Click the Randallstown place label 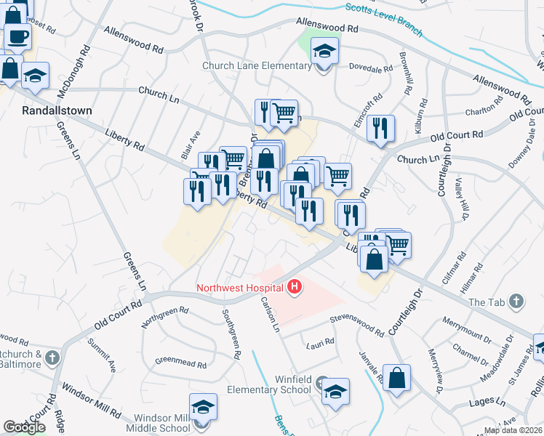click(x=48, y=111)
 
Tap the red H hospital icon click(x=295, y=288)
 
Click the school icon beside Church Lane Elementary click(x=325, y=52)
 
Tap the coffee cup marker click(x=17, y=36)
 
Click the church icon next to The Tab click(x=516, y=302)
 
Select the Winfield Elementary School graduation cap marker click(x=335, y=392)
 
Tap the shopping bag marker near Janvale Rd click(x=398, y=379)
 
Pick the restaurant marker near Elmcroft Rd click(x=380, y=129)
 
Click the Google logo click(x=24, y=428)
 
